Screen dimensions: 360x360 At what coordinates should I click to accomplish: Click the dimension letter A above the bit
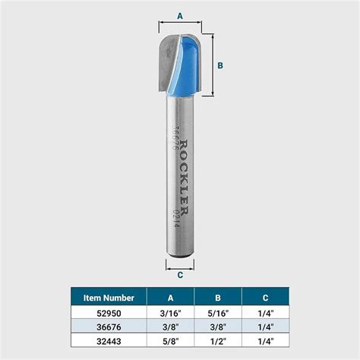point(180,16)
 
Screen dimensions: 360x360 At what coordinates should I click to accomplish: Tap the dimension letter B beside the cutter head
point(220,65)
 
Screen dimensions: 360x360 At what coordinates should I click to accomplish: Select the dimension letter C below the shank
point(180,275)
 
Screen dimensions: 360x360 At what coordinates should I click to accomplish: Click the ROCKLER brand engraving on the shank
point(185,178)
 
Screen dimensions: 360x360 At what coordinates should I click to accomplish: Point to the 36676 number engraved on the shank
point(174,137)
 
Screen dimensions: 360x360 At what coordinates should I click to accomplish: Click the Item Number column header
point(109,298)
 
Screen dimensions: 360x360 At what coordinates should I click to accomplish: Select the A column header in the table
point(170,298)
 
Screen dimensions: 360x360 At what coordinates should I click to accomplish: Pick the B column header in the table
point(218,298)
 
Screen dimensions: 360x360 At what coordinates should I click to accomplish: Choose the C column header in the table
point(265,298)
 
